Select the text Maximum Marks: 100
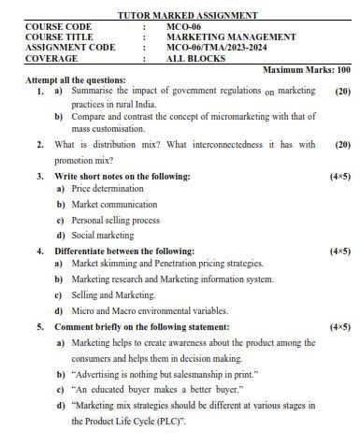click(307, 70)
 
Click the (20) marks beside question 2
click(342, 146)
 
